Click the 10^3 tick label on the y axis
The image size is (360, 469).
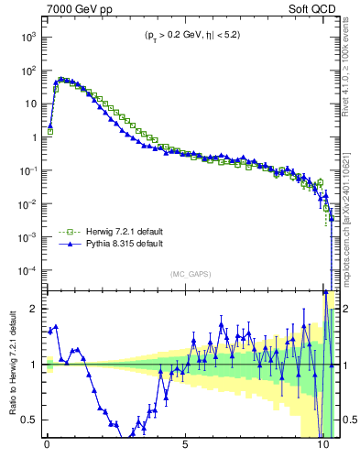[x=28, y=37]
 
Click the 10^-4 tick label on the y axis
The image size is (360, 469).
[x=27, y=271]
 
